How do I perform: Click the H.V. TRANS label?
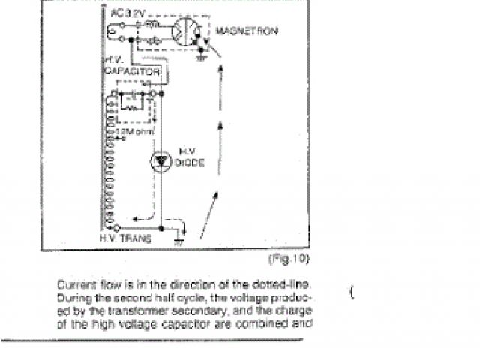point(125,238)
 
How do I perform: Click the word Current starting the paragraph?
point(72,285)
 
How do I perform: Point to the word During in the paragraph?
point(71,298)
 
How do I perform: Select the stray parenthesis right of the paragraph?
point(351,292)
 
